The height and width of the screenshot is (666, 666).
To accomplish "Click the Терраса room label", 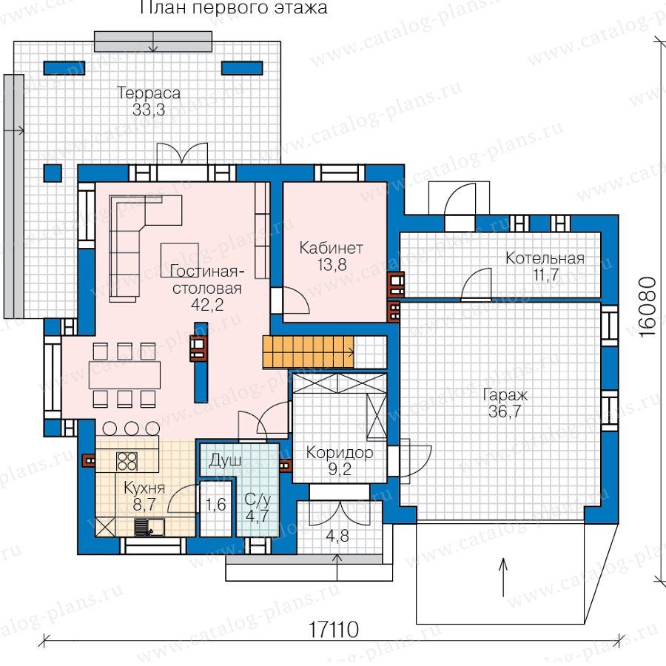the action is point(149,92).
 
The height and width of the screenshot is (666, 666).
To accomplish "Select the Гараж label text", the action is point(505,395).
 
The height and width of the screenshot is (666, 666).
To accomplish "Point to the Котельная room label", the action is point(545,258).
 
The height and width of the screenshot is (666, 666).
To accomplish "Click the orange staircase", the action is point(309,351).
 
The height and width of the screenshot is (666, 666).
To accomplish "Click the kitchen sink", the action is point(149,527).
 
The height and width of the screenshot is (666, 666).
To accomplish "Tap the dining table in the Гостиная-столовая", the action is point(124,374).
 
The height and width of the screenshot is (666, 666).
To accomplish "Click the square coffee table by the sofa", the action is point(180,260).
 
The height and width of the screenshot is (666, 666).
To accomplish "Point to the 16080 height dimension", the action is point(648,307).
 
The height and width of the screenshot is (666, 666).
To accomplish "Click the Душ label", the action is point(226,461).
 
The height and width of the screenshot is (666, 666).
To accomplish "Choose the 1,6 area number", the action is point(216,505).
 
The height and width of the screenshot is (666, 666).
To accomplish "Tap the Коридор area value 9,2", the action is point(340,469).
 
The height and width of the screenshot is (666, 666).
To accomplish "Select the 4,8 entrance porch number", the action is point(337,536).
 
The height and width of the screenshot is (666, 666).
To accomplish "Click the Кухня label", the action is point(144,488).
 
